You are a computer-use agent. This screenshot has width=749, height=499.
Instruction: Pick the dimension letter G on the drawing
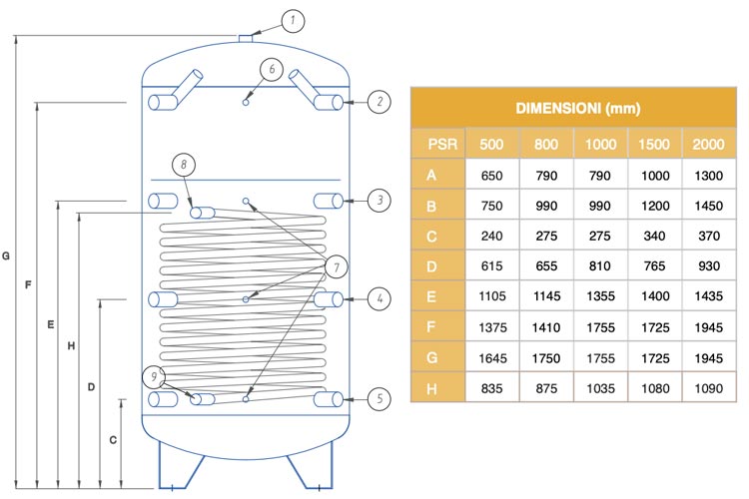[6, 255]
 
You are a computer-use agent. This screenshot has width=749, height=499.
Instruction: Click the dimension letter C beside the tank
[113, 440]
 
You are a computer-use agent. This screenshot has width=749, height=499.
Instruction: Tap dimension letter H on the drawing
[71, 345]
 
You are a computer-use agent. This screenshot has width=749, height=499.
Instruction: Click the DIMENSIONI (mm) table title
[578, 109]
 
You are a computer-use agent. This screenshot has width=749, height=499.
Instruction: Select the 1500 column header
[654, 144]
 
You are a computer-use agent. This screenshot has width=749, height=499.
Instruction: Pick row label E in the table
[430, 297]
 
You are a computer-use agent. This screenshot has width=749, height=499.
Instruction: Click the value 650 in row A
[491, 176]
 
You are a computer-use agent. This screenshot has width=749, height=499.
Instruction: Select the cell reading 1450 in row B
[708, 206]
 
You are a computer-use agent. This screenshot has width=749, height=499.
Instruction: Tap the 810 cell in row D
[600, 266]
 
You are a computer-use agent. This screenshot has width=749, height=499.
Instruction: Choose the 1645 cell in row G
[492, 358]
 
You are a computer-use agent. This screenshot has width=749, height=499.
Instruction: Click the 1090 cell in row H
[708, 388]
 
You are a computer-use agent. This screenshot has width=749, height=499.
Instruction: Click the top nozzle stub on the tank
[246, 38]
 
